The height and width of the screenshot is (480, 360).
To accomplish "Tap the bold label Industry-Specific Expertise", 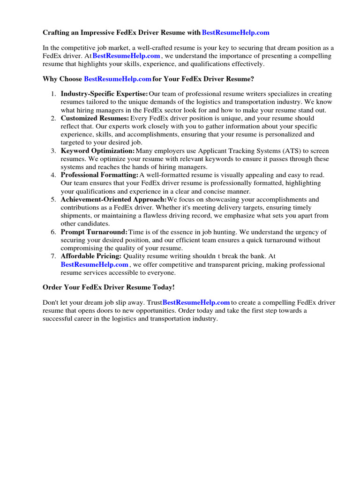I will tap(104, 94).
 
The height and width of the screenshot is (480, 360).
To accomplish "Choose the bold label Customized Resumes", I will tap(95, 119).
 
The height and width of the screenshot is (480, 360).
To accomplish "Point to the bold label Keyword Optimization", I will tap(97, 151).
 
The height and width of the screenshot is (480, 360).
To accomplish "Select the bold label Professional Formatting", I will tap(99, 175).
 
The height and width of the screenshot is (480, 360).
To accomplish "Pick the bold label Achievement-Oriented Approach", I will tap(113, 199).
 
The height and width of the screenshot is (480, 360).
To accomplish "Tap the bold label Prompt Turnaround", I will tap(94, 232).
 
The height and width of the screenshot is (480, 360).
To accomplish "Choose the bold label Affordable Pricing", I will tap(91, 256).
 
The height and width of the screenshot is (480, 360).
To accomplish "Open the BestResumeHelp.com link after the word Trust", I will tap(196, 302).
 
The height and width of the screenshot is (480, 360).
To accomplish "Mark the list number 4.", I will tap(53, 175).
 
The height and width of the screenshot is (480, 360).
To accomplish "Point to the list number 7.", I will tap(53, 256).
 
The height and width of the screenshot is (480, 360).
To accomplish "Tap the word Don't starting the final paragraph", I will tap(51, 302).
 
